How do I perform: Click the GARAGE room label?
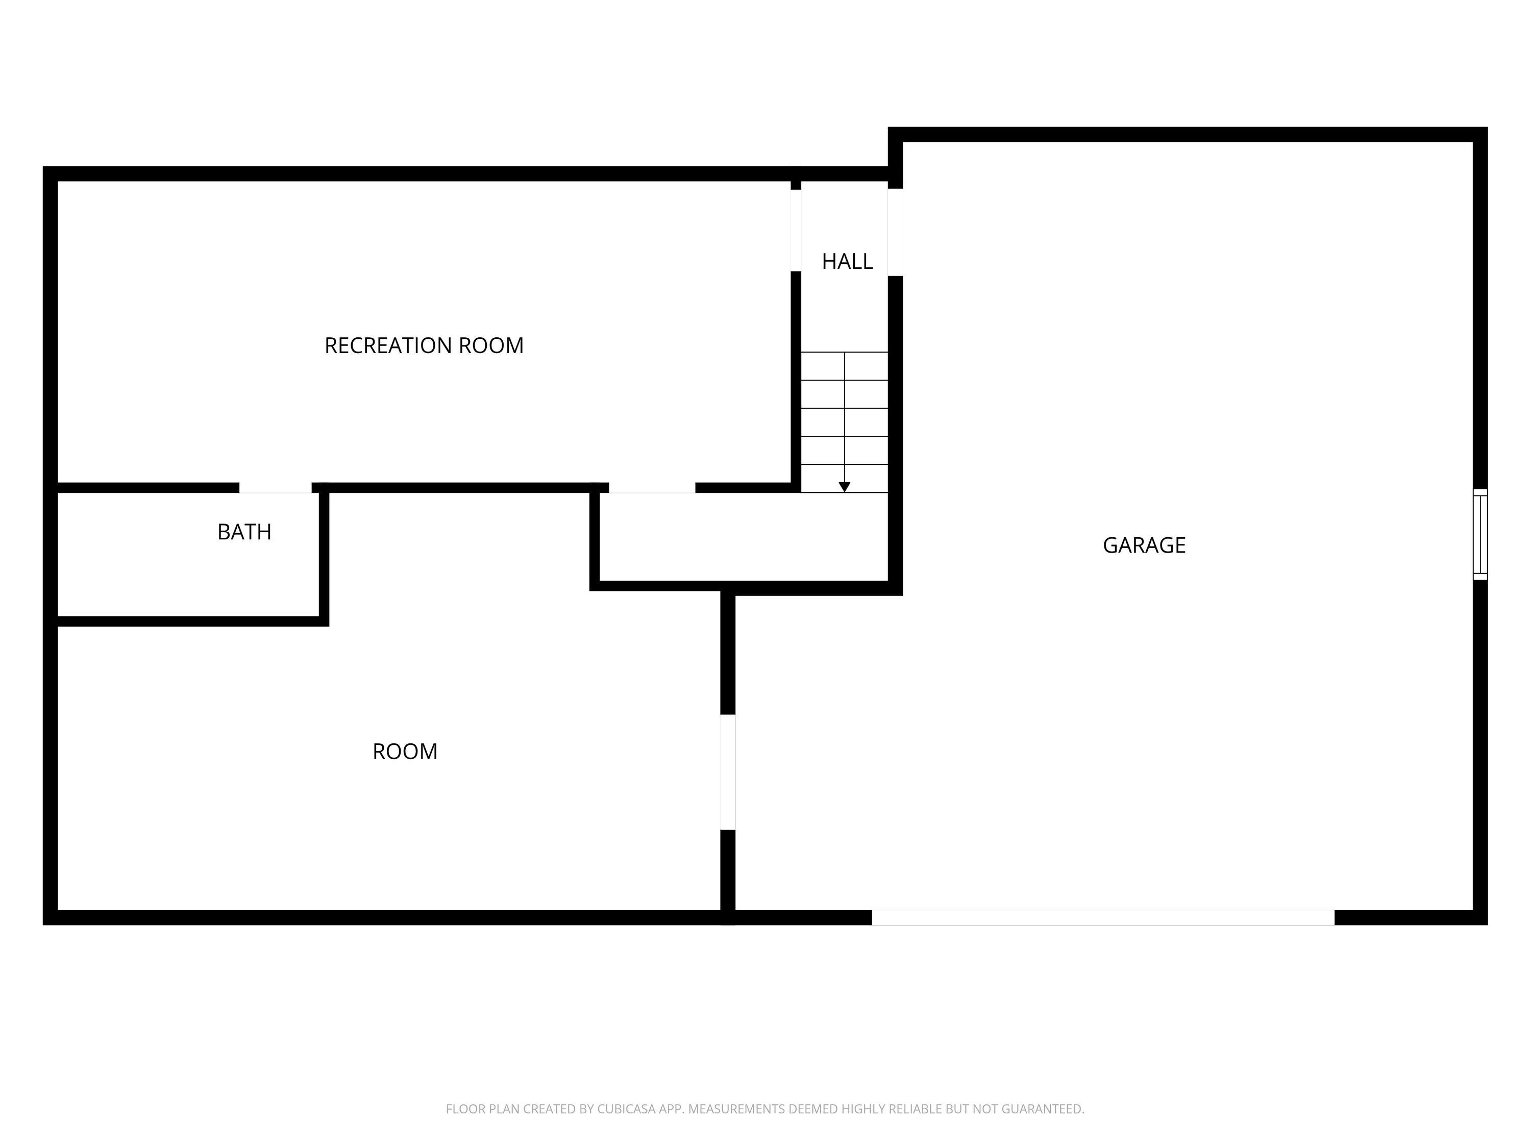pyautogui.click(x=1144, y=545)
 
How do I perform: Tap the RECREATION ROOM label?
pyautogui.click(x=424, y=345)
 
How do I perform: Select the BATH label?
pyautogui.click(x=244, y=532)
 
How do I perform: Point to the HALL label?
pyautogui.click(x=847, y=261)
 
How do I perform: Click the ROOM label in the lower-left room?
pyautogui.click(x=405, y=752)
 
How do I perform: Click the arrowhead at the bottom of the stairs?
pyautogui.click(x=845, y=487)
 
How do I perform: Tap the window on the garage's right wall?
pyautogui.click(x=1480, y=534)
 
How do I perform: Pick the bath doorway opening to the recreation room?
pyautogui.click(x=276, y=488)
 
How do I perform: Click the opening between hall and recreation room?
pyautogui.click(x=796, y=231)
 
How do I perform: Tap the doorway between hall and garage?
pyautogui.click(x=895, y=232)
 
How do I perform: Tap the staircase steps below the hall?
pyautogui.click(x=845, y=422)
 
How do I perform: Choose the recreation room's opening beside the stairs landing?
pyautogui.click(x=652, y=488)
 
